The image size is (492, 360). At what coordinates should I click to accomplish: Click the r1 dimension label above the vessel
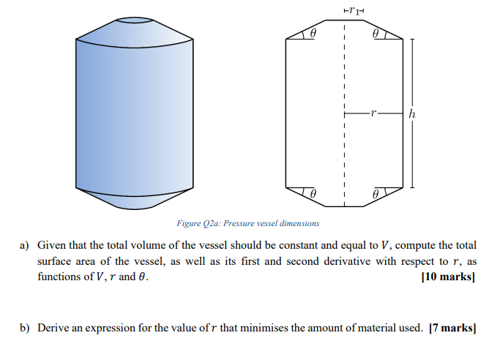[x=355, y=10]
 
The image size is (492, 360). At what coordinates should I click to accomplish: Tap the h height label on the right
[x=413, y=114]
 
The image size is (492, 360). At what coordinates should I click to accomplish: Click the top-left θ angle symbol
[x=313, y=34]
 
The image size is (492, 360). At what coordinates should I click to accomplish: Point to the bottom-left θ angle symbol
[x=313, y=194]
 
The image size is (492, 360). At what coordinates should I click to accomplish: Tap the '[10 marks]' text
[x=450, y=277]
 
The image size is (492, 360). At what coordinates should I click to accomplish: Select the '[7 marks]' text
[x=452, y=327]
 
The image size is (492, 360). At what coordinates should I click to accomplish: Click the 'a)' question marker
[x=25, y=244]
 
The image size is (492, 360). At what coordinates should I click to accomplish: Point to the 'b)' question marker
[x=25, y=327]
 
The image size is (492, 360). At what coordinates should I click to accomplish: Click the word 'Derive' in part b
[x=53, y=327]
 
